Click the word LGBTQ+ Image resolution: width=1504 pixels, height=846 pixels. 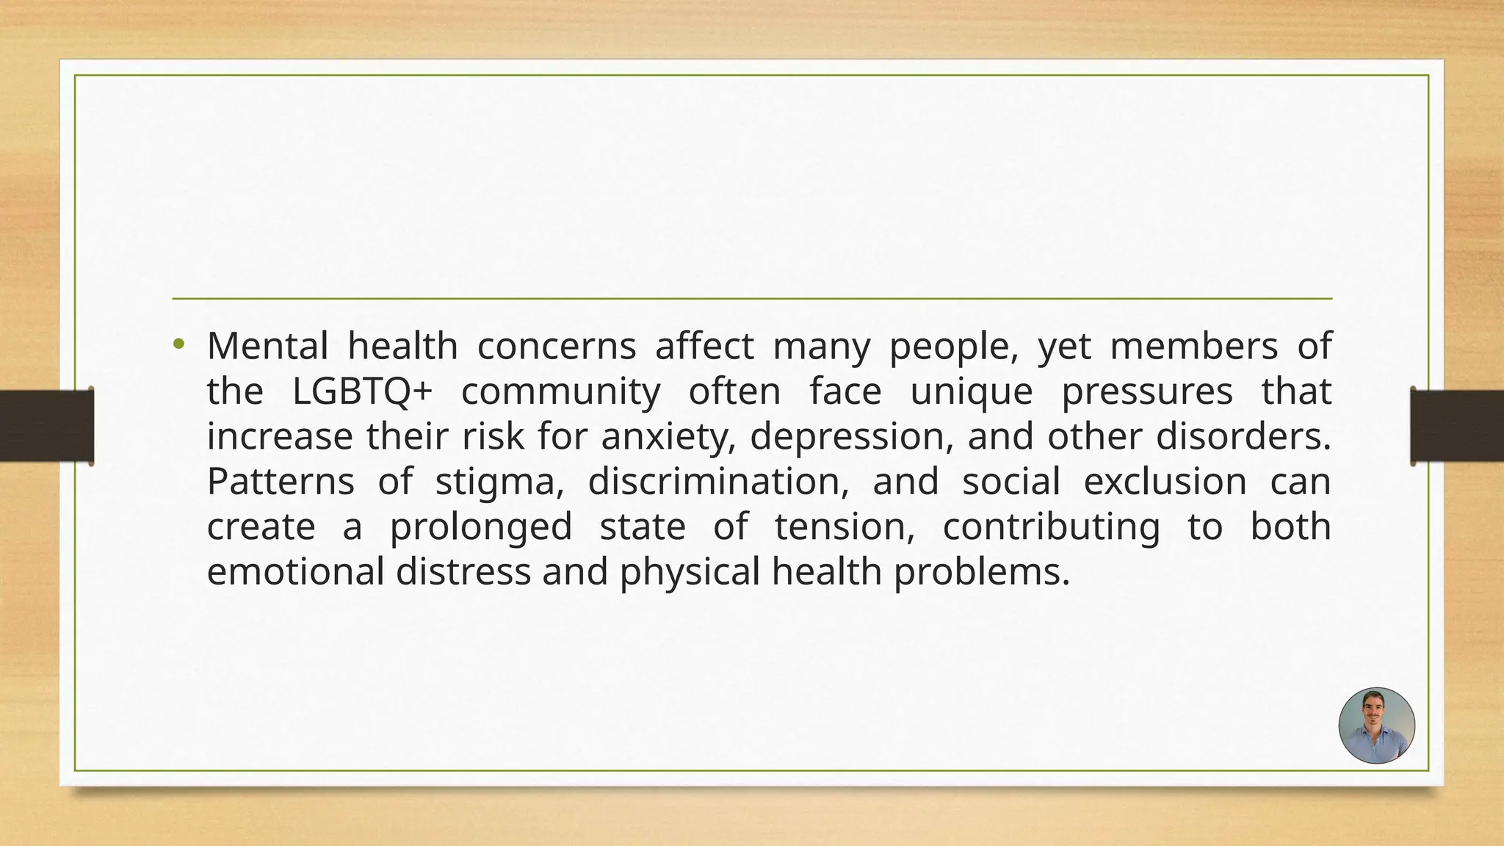[362, 391]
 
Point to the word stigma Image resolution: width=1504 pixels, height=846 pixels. [499, 482]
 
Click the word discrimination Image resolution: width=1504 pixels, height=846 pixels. [718, 482]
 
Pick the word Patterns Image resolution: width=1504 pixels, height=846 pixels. [281, 482]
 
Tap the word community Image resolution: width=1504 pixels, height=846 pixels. [560, 391]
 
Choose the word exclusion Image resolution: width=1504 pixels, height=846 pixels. [1165, 482]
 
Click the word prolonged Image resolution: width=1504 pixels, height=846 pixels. [480, 527]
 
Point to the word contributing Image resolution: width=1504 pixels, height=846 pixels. [1051, 527]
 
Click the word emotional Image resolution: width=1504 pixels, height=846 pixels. [295, 572]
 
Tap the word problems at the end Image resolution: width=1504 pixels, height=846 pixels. [982, 572]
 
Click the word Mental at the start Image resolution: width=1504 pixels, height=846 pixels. [267, 346]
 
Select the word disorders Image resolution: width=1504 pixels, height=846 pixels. [1243, 437]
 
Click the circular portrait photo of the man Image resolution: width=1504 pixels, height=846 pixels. [1376, 726]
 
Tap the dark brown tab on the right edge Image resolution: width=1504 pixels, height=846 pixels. [1457, 426]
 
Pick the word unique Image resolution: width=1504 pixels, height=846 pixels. [971, 391]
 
